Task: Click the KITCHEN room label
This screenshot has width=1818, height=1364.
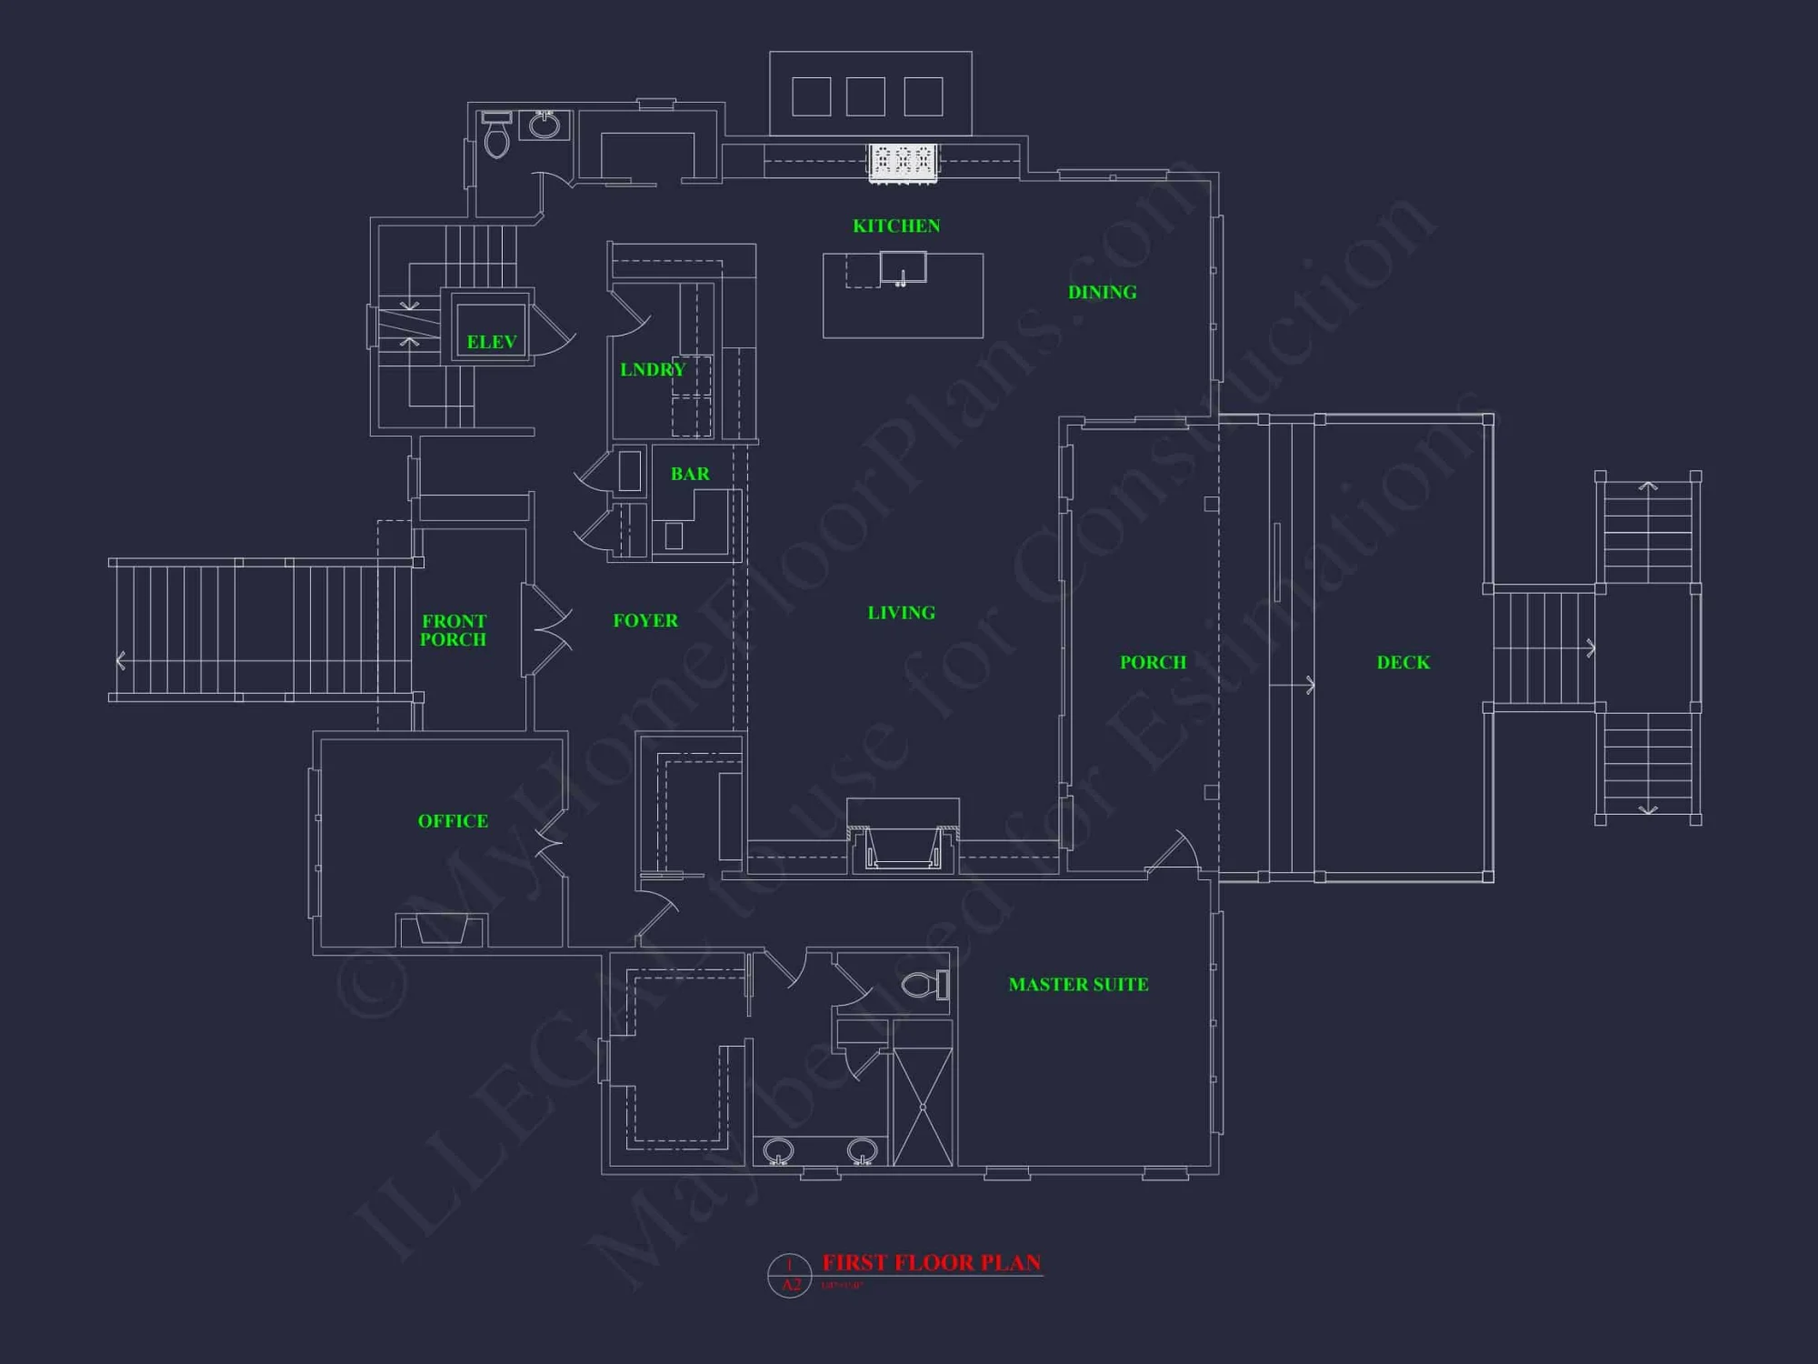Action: pyautogui.click(x=896, y=226)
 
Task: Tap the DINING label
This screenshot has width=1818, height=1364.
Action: pyautogui.click(x=1102, y=292)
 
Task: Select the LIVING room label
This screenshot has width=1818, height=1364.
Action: pyautogui.click(x=901, y=613)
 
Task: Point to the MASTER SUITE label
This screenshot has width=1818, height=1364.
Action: pyautogui.click(x=1078, y=984)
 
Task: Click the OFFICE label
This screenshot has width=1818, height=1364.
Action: pyautogui.click(x=453, y=821)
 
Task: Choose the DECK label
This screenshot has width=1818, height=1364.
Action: pyautogui.click(x=1403, y=662)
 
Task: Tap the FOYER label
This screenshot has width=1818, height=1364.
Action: pyautogui.click(x=645, y=621)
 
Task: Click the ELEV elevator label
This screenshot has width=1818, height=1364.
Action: pyautogui.click(x=491, y=342)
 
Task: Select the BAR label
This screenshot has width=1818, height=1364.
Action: pyautogui.click(x=690, y=474)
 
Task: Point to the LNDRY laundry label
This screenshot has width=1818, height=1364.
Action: pyautogui.click(x=652, y=369)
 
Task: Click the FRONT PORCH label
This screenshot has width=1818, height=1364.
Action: pyautogui.click(x=454, y=630)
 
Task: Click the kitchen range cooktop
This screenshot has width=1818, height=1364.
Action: pyautogui.click(x=903, y=161)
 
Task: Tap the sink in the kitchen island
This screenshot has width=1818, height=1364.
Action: pyautogui.click(x=903, y=268)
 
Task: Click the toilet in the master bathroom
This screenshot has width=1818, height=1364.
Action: pyautogui.click(x=924, y=985)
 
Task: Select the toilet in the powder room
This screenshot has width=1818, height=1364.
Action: pyautogui.click(x=496, y=136)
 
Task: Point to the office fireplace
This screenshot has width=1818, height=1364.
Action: pyautogui.click(x=441, y=929)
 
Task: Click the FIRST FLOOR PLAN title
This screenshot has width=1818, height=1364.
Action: pyautogui.click(x=931, y=1262)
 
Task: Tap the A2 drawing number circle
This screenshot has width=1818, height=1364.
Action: pyautogui.click(x=789, y=1275)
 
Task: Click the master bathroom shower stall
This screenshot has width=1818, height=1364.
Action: pyautogui.click(x=923, y=1106)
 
